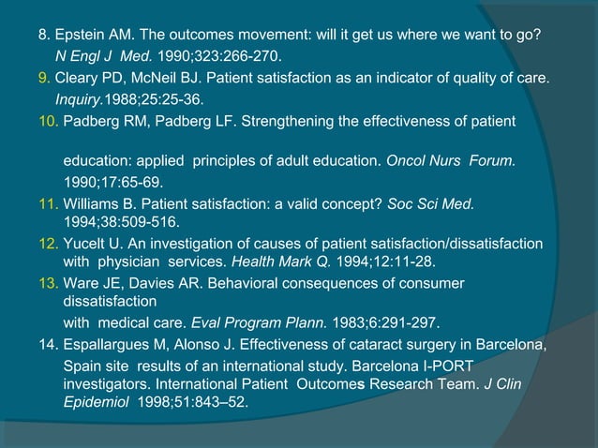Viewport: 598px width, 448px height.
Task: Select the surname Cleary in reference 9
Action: pos(77,78)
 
